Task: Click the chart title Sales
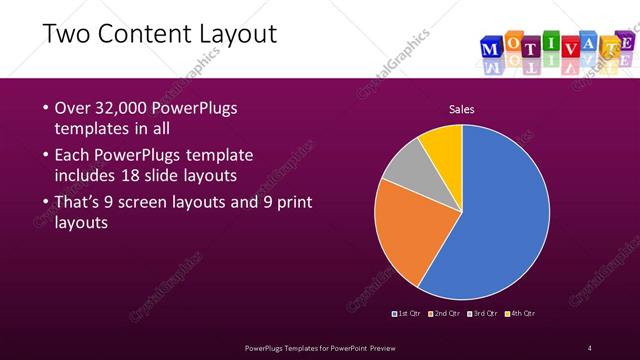[x=461, y=109]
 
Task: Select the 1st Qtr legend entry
[x=407, y=313]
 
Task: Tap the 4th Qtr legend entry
[x=520, y=313]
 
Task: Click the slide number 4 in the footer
[x=590, y=347]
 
